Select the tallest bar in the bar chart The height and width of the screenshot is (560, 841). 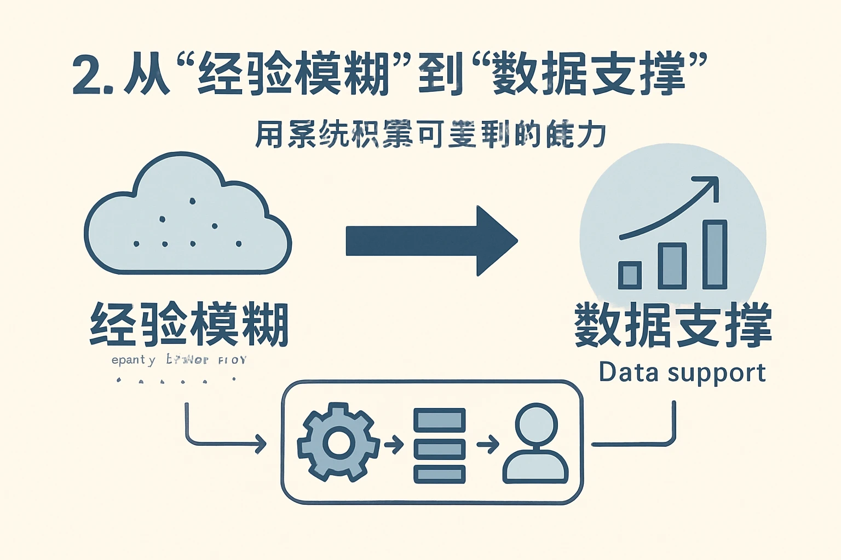pos(715,254)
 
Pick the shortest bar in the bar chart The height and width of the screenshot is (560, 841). pos(630,275)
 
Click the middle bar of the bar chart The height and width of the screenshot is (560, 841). pos(672,266)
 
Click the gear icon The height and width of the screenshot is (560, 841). pos(338,442)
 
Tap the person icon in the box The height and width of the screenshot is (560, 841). pos(536,444)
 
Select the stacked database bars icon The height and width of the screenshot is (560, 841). pos(439,446)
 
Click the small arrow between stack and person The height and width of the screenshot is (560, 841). pos(488,444)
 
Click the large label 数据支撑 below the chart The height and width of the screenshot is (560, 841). pos(673,325)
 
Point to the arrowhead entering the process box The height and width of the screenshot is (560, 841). pos(261,444)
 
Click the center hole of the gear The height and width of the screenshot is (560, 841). pos(338,442)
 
